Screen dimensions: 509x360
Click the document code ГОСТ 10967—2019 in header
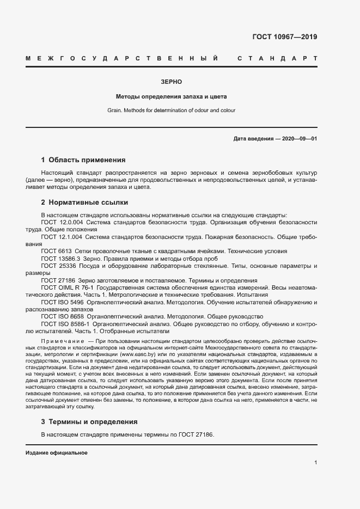click(284, 38)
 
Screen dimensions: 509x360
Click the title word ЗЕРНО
click(171, 81)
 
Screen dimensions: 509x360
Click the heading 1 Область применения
click(83, 160)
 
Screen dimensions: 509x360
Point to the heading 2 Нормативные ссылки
click(84, 203)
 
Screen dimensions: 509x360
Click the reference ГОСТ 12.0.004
click(62, 223)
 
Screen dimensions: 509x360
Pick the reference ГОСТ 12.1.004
click(62, 237)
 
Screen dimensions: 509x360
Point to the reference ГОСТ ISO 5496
click(63, 302)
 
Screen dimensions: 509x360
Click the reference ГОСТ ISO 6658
click(63, 316)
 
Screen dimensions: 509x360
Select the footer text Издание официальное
click(56, 453)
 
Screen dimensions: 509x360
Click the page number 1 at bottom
click(315, 463)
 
